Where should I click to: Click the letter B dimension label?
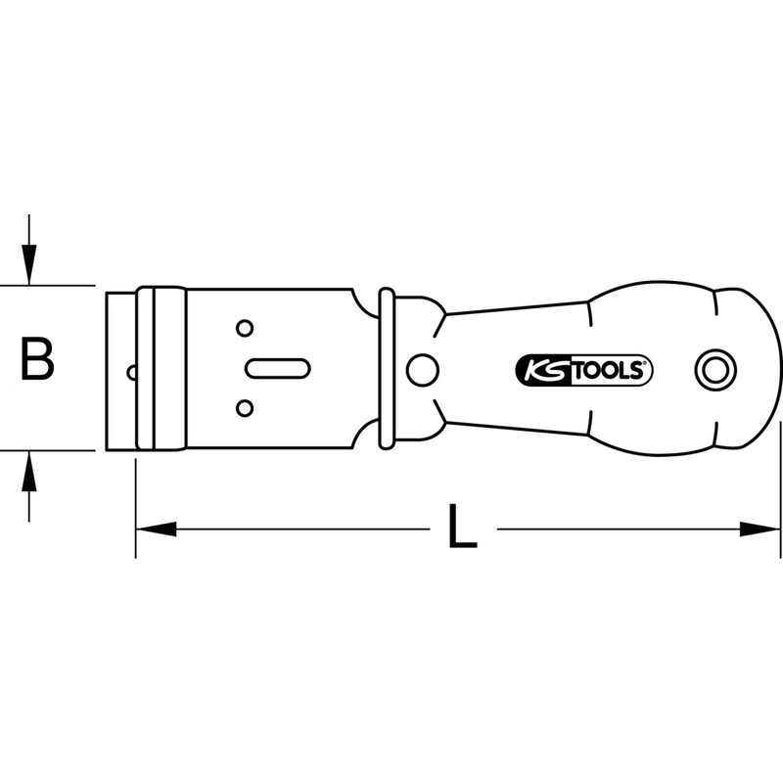click(37, 360)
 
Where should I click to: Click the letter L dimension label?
click(460, 530)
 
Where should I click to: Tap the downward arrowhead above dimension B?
click(30, 266)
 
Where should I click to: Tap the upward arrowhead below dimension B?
click(30, 472)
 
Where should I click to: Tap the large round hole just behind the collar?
click(423, 370)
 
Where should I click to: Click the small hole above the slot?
click(245, 328)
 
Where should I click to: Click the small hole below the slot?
click(245, 406)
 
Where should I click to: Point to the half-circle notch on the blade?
click(132, 370)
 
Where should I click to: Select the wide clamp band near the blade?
click(161, 368)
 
